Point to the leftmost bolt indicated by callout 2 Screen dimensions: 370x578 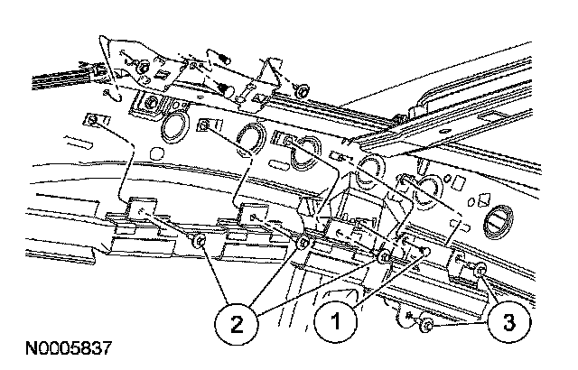200,242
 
